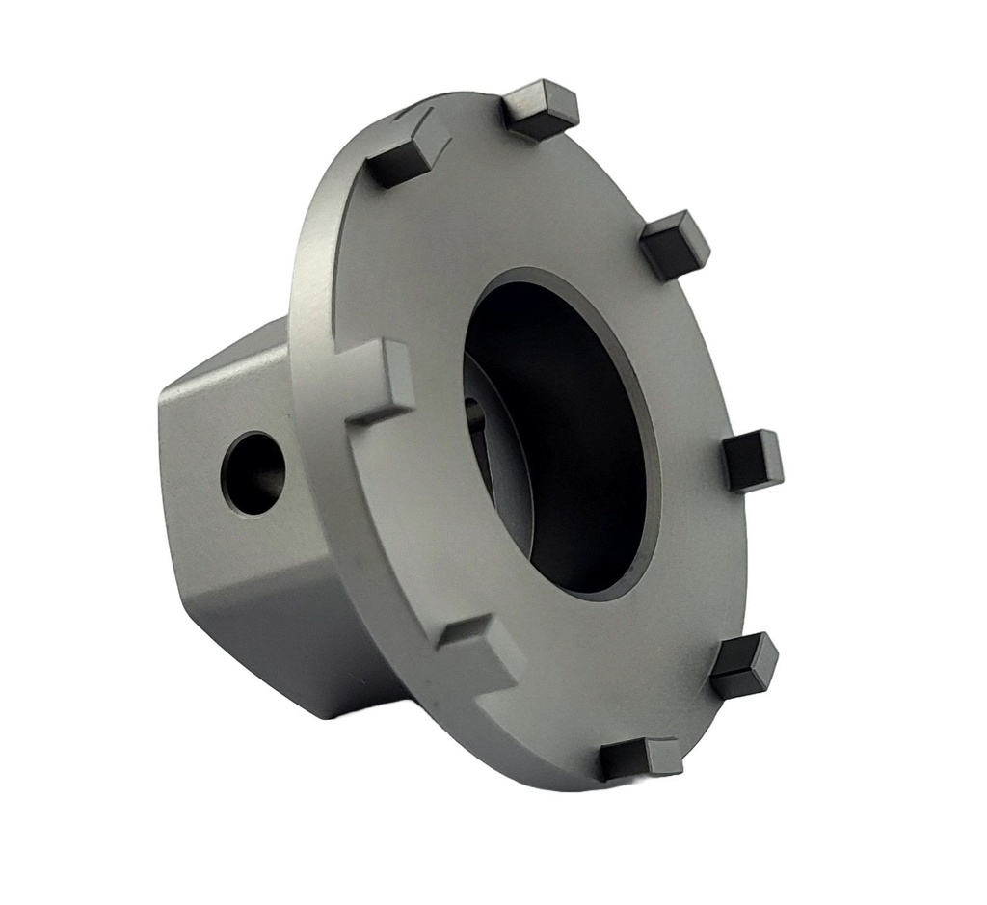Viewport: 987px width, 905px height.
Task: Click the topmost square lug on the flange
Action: pyautogui.click(x=541, y=110)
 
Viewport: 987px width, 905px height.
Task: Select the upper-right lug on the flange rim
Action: pyautogui.click(x=674, y=245)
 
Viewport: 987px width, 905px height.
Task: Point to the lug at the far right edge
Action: pyautogui.click(x=753, y=460)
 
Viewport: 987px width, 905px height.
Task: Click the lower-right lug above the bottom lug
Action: pyautogui.click(x=744, y=665)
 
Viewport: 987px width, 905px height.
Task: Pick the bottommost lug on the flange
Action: pyautogui.click(x=640, y=759)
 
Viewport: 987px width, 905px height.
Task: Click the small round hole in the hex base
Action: pyautogui.click(x=253, y=473)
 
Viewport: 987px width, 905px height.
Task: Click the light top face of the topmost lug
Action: pyautogui.click(x=540, y=96)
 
